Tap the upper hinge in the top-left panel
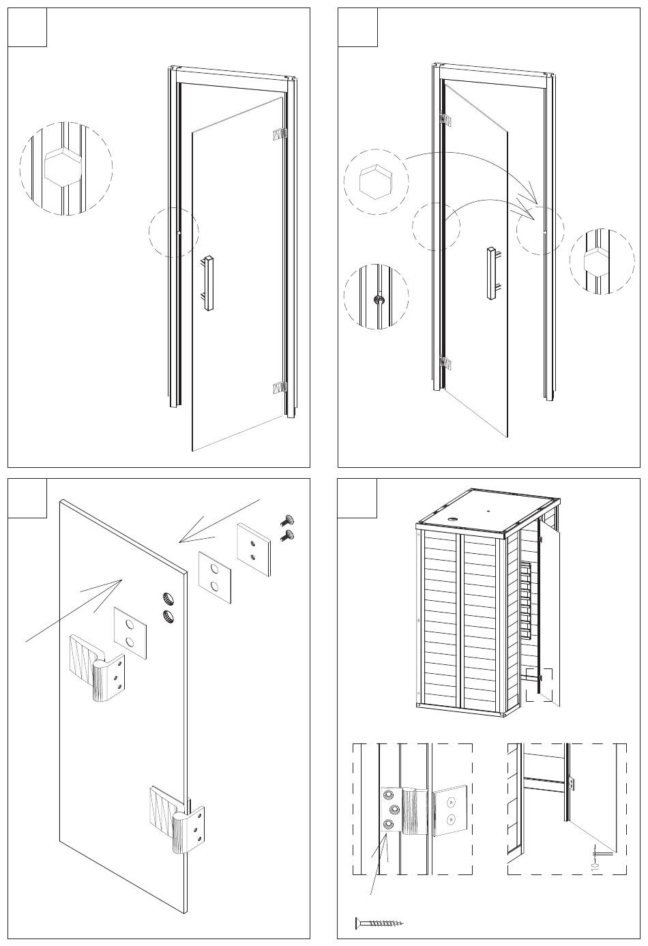coord(280,134)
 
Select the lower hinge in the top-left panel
coord(280,388)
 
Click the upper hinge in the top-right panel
coord(445,120)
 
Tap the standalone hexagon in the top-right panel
coord(374,181)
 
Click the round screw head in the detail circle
coord(378,298)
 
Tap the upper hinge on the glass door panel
coord(97,668)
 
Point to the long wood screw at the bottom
coord(379,923)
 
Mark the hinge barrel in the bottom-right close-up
coord(571,784)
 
